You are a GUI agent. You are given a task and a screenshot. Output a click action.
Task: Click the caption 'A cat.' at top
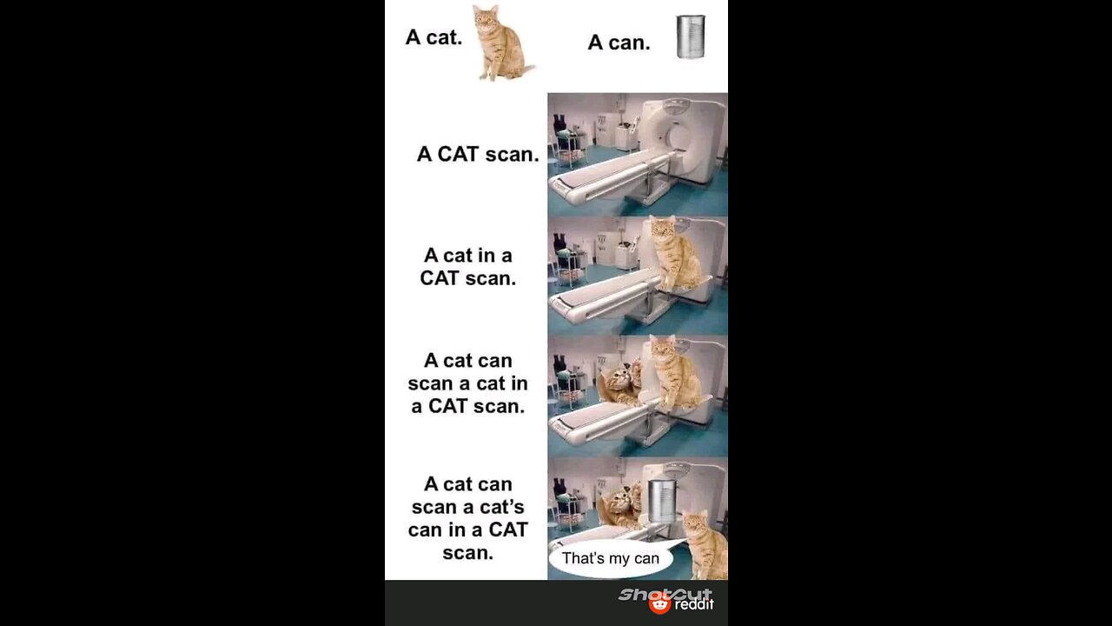(x=434, y=37)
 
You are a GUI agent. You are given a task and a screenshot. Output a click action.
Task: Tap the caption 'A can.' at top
(x=619, y=43)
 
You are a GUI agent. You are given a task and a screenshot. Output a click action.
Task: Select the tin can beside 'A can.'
(x=691, y=37)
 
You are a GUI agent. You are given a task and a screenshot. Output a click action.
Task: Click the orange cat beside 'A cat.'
(x=502, y=43)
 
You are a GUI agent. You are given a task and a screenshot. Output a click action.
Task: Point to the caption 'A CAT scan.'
(x=478, y=154)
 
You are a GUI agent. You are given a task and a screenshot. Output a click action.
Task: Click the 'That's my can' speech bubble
(x=611, y=558)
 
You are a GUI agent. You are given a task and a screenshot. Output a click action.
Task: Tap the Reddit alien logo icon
(x=659, y=603)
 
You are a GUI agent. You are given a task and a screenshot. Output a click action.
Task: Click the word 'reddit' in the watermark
(x=694, y=604)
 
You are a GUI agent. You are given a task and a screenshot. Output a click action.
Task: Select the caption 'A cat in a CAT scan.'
(x=467, y=267)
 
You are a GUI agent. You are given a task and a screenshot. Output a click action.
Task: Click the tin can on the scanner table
(x=662, y=501)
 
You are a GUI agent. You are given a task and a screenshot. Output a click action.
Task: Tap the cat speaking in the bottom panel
(x=705, y=545)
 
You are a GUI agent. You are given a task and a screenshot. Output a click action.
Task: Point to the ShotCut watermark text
(x=665, y=594)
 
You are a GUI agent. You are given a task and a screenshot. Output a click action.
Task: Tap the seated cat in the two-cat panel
(x=675, y=374)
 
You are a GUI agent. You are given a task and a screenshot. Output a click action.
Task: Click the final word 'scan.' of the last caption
(x=467, y=553)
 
